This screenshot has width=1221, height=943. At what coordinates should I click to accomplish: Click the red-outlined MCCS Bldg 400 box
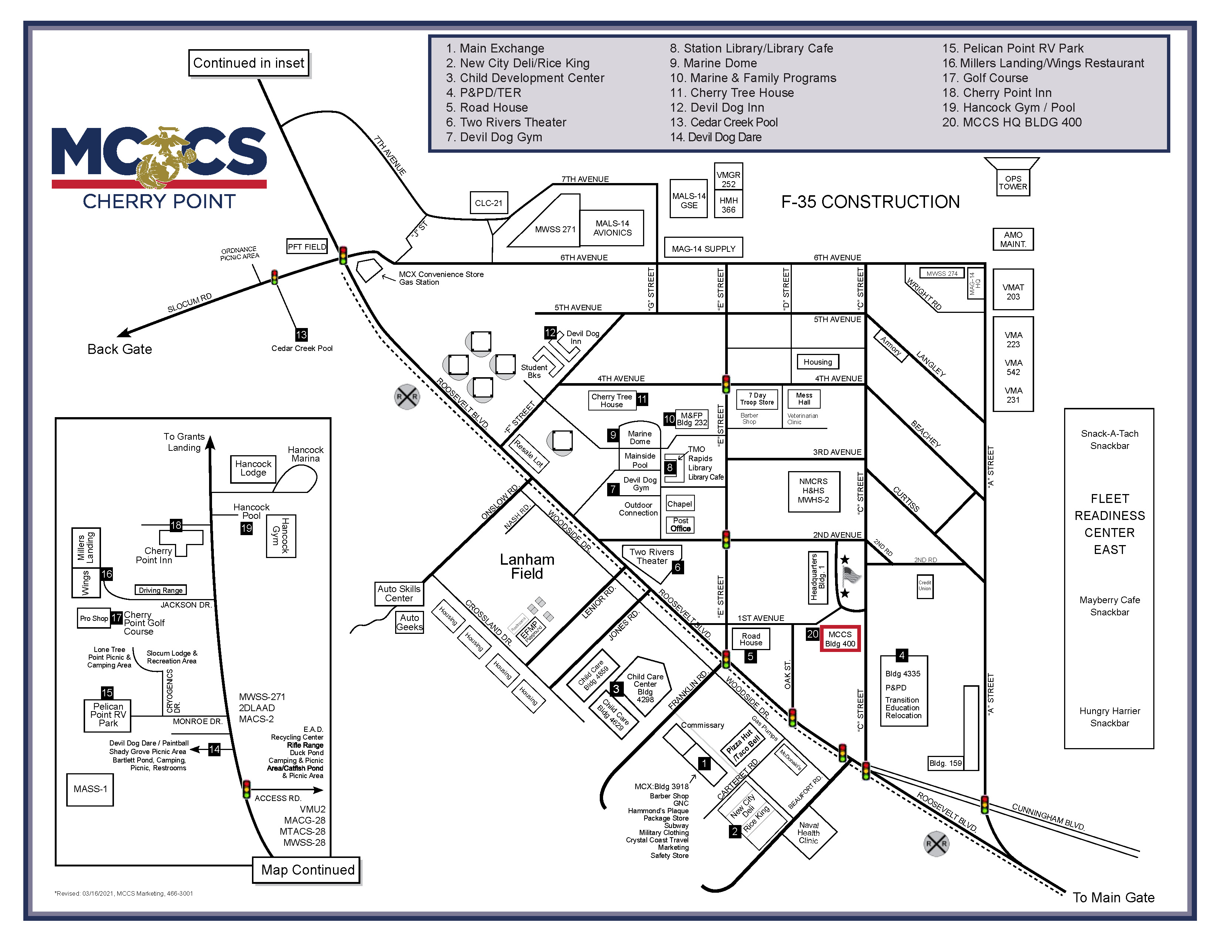[x=840, y=639]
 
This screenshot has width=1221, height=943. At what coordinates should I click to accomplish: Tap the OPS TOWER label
[x=1013, y=183]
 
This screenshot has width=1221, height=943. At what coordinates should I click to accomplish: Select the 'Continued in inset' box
[x=249, y=63]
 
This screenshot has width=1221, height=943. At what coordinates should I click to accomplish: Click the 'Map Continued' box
[x=307, y=870]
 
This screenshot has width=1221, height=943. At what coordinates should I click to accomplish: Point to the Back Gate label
[x=120, y=349]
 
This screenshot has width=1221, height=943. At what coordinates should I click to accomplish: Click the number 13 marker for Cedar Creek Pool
[x=301, y=335]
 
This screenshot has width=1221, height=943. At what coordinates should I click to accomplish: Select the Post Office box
[x=680, y=525]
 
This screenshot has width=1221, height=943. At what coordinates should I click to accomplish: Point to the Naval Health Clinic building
[x=808, y=832]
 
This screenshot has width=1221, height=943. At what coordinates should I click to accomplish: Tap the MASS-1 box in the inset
[x=90, y=789]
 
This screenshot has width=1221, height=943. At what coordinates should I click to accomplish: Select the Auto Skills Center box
[x=399, y=593]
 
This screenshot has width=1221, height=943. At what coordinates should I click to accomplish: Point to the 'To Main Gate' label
[x=1113, y=897]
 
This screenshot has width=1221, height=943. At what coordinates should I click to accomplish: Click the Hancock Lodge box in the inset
[x=253, y=468]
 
